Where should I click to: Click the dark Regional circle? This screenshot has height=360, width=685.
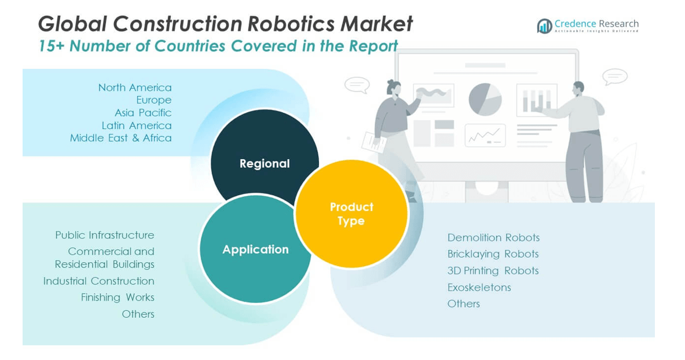[x=265, y=163]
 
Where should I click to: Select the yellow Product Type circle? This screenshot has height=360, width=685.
[x=351, y=214]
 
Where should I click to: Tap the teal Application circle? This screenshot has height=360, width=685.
[x=255, y=249]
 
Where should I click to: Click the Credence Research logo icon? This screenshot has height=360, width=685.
[x=544, y=26]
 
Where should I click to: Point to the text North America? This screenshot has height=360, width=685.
[x=134, y=87]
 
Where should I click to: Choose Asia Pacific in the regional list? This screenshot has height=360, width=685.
[x=143, y=113]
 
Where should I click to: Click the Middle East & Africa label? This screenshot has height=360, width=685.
[x=120, y=138]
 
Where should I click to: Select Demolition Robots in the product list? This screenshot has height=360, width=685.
[x=493, y=238]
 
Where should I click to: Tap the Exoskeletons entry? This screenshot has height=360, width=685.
[x=479, y=288]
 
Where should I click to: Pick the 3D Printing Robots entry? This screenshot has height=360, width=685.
[x=493, y=271]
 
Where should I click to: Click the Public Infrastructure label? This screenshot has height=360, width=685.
[x=104, y=235]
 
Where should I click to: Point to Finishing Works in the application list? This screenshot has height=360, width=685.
[x=118, y=297]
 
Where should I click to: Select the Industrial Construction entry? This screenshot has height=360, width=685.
[x=99, y=281]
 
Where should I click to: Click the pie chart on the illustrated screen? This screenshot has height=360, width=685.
[x=485, y=99]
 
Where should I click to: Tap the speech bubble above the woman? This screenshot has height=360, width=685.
[x=357, y=85]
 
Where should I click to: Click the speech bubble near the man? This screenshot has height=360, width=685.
[x=615, y=77]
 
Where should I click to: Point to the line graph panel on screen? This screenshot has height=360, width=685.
[x=485, y=135]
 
